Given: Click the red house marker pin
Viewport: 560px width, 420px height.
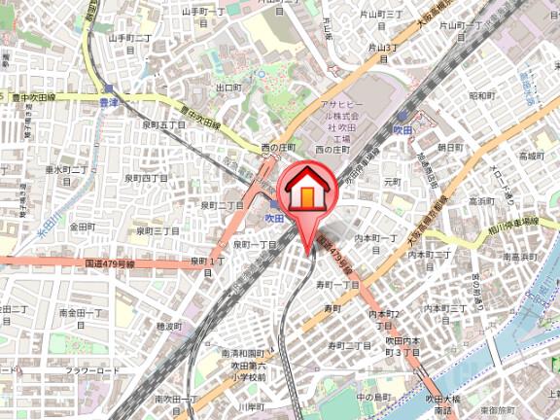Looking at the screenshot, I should [x=305, y=191].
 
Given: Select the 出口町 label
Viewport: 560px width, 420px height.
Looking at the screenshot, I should [x=228, y=87].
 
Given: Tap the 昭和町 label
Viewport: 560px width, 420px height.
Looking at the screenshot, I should [x=481, y=96].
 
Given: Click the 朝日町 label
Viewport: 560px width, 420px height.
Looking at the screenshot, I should [x=449, y=147].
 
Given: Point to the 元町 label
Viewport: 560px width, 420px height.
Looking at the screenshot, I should [x=392, y=181].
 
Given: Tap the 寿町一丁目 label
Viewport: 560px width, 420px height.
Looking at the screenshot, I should [x=337, y=284].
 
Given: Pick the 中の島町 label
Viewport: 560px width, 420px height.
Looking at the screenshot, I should [x=372, y=397].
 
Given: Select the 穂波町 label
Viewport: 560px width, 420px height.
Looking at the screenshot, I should [x=169, y=327].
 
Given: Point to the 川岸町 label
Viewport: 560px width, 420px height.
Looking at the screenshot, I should [x=251, y=406].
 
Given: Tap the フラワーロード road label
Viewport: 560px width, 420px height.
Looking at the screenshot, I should [x=92, y=371].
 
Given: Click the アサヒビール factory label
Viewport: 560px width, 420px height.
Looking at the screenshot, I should [x=341, y=121].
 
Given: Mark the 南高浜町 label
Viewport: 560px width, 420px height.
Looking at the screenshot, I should [x=520, y=256].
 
